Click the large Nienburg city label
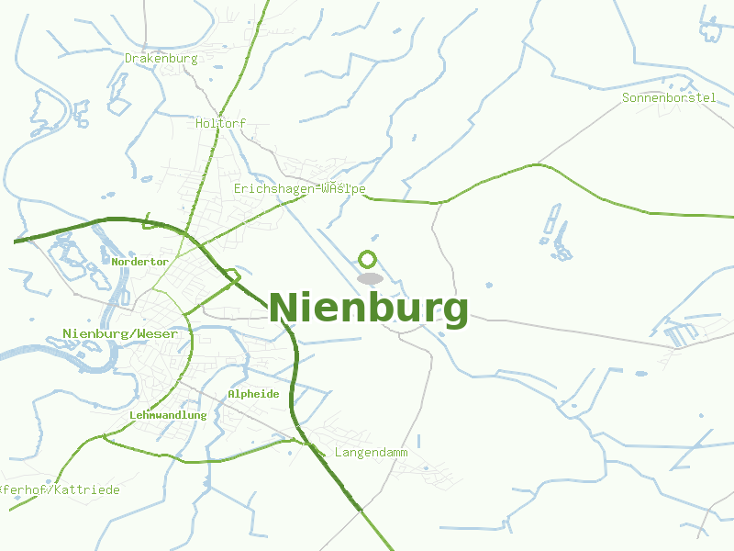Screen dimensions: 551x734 tap(368, 309)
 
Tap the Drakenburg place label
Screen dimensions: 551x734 tap(161, 59)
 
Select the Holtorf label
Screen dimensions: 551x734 tap(221, 123)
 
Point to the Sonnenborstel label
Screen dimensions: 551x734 tap(669, 97)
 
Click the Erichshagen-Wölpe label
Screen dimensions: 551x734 tap(300, 189)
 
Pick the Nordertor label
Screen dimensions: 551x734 tap(140, 262)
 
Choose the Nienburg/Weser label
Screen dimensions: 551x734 tap(120, 333)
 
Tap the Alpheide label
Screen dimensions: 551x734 tap(253, 394)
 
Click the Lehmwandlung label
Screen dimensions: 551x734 tap(168, 415)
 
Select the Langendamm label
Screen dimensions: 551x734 tap(371, 453)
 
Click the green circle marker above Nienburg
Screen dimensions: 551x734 tap(368, 259)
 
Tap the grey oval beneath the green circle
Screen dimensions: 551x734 tap(369, 278)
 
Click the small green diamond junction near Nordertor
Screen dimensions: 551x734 tap(233, 275)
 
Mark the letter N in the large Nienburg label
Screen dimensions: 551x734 tap(284, 308)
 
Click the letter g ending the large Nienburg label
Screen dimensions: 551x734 tap(455, 311)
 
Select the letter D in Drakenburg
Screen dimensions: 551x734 tap(129, 59)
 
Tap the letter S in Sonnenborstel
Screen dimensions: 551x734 tap(626, 97)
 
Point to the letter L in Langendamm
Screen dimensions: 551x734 tap(339, 453)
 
